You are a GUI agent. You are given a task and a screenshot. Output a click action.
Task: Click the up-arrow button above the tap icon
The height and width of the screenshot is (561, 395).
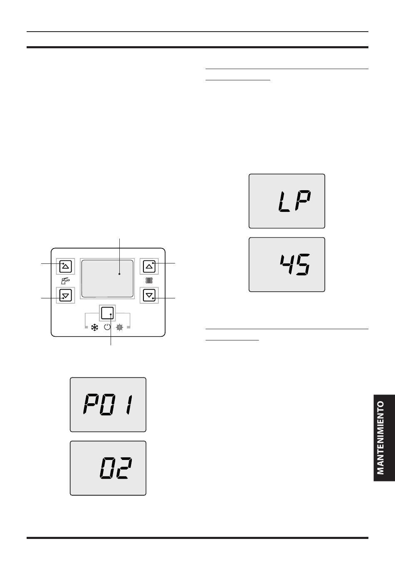pyautogui.click(x=66, y=266)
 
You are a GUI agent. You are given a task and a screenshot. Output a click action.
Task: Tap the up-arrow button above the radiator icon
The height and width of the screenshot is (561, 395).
pyautogui.click(x=149, y=266)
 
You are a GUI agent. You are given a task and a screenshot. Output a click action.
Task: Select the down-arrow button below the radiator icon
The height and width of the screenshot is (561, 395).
pyautogui.click(x=149, y=296)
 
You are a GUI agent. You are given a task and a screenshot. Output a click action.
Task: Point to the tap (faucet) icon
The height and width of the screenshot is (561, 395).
pyautogui.click(x=66, y=281)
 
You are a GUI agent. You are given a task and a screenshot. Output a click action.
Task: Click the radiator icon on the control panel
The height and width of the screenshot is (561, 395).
pyautogui.click(x=149, y=281)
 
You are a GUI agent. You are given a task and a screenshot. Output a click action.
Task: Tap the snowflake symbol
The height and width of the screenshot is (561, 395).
pyautogui.click(x=94, y=328)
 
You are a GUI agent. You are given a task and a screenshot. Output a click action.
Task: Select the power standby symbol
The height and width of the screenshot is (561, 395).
pyautogui.click(x=108, y=327)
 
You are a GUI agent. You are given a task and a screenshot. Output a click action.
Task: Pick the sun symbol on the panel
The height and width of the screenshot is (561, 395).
pyautogui.click(x=120, y=328)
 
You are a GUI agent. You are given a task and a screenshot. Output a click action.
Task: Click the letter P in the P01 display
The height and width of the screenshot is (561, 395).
pyautogui.click(x=91, y=405)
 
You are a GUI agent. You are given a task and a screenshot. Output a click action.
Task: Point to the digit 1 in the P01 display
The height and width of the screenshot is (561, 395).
pyautogui.click(x=130, y=405)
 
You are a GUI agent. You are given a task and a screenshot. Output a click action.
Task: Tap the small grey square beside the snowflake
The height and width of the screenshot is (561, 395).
pyautogui.click(x=86, y=328)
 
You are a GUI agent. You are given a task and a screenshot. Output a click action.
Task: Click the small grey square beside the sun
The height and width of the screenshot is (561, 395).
pyautogui.click(x=128, y=328)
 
